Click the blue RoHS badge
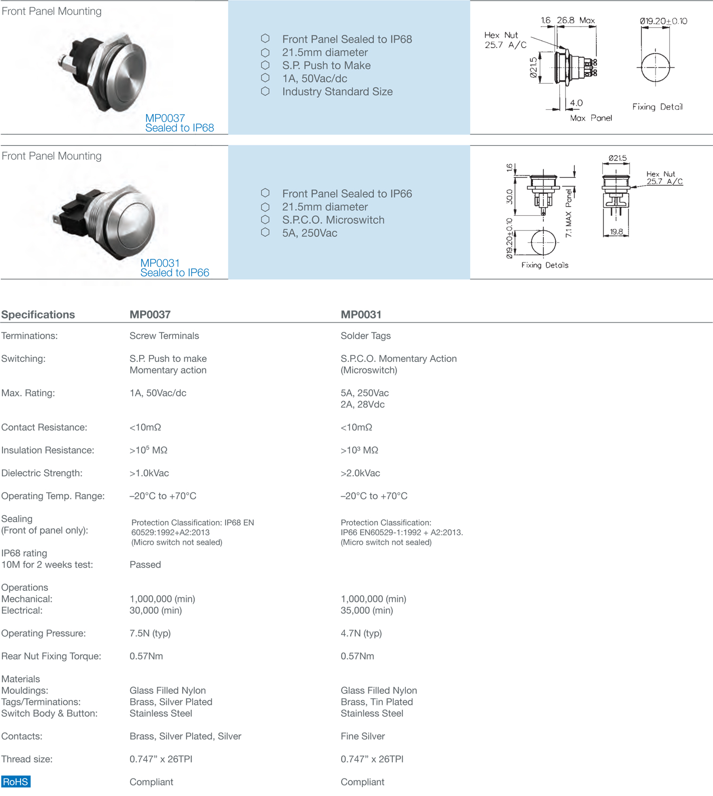pyautogui.click(x=16, y=781)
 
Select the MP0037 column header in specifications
pyautogui.click(x=150, y=314)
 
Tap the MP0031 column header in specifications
pyautogui.click(x=361, y=314)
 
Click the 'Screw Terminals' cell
pyautogui.click(x=164, y=336)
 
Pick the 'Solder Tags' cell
pyautogui.click(x=365, y=336)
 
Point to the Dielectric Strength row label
pyautogui.click(x=42, y=473)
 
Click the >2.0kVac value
pyautogui.click(x=360, y=473)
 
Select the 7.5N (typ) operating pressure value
pyautogui.click(x=150, y=633)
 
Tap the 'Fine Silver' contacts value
pyautogui.click(x=363, y=736)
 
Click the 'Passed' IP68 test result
pyautogui.click(x=145, y=565)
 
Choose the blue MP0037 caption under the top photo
pyautogui.click(x=165, y=118)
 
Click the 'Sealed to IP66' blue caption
pyautogui.click(x=175, y=273)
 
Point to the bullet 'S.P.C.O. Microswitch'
pyautogui.click(x=333, y=220)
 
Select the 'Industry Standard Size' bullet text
pyautogui.click(x=337, y=92)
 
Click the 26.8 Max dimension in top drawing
pyautogui.click(x=575, y=21)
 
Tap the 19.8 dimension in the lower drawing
pyautogui.click(x=616, y=232)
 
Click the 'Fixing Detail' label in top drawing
pyautogui.click(x=657, y=107)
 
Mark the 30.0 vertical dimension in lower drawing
pyautogui.click(x=509, y=196)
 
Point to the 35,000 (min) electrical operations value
pyautogui.click(x=367, y=610)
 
